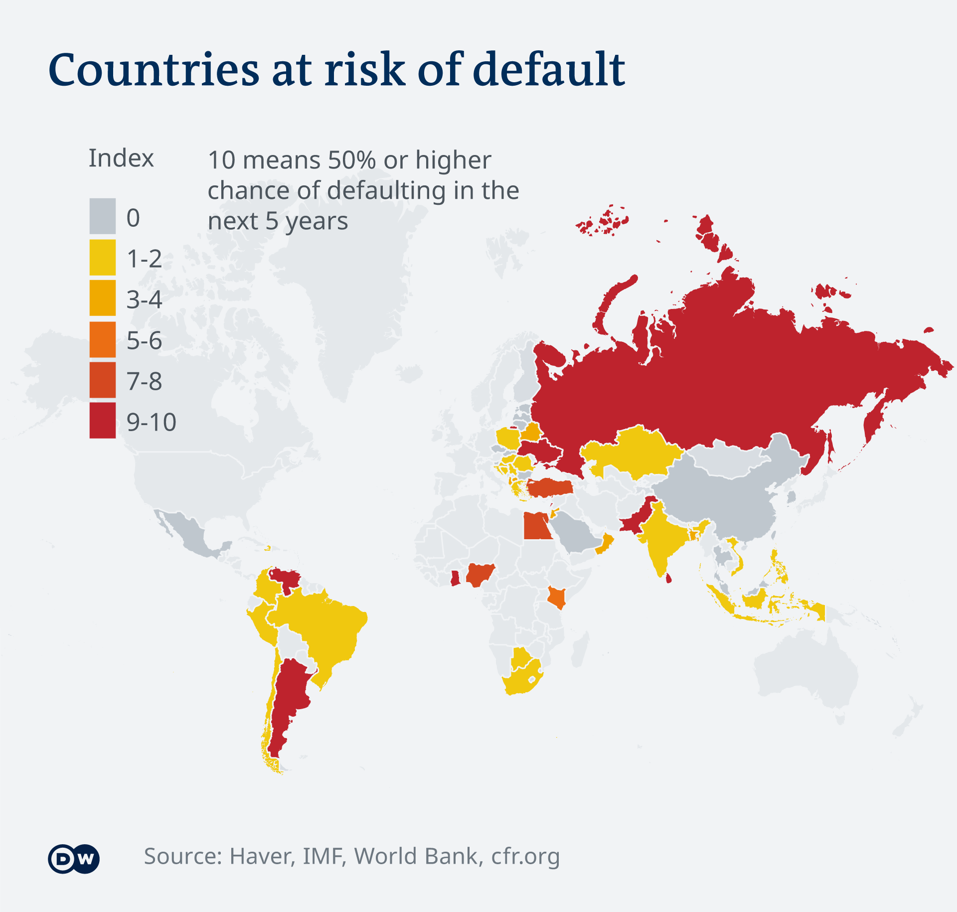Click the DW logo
[x=74, y=859]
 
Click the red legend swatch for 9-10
[x=103, y=421]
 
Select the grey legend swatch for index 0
[x=103, y=216]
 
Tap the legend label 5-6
[x=144, y=340]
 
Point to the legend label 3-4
[x=144, y=300]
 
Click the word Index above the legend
[x=121, y=158]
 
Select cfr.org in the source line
[x=525, y=856]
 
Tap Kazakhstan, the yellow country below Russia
[x=633, y=451]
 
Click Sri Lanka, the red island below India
[x=669, y=579]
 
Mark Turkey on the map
[x=548, y=487]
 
